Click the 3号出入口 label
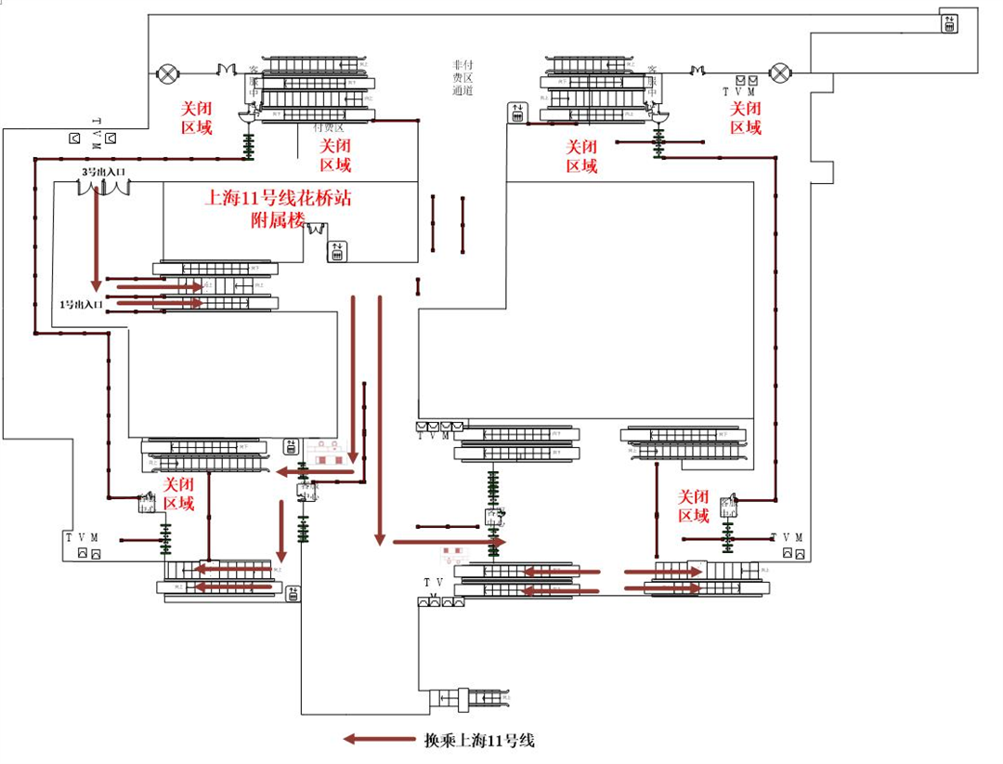coord(102,172)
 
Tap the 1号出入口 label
coord(80,304)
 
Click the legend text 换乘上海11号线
coord(479,741)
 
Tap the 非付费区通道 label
coord(462,77)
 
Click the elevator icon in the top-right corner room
coord(949,23)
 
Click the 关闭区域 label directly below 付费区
coord(335,156)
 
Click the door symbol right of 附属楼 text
coord(317,227)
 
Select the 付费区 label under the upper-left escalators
coord(329,127)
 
